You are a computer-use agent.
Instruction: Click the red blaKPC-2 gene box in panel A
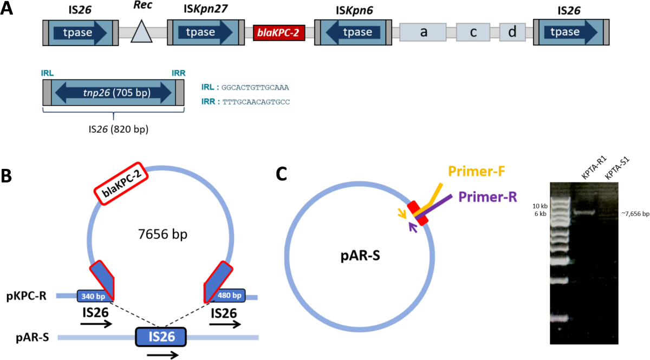tap(280, 34)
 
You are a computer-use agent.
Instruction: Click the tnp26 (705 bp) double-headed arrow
tap(113, 93)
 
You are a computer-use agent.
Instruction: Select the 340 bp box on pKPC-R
tap(94, 296)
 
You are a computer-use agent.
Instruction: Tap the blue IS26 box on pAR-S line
tap(160, 337)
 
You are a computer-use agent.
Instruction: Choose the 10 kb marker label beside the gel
tap(540, 206)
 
